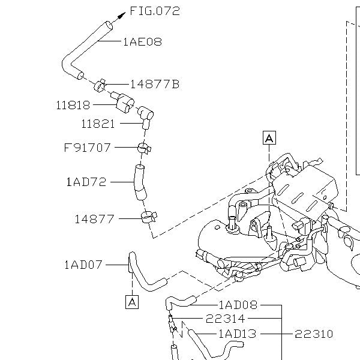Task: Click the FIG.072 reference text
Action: coord(155,11)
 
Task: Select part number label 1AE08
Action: coord(142,42)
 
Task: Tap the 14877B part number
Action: coord(154,84)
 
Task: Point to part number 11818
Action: coord(73,105)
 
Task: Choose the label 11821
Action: coord(98,124)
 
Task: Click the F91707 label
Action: coord(88,147)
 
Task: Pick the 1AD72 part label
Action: coord(86,181)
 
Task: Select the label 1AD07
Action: coord(83,264)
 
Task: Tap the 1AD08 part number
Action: coord(238,305)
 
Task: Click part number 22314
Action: coord(226,319)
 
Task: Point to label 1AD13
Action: coord(238,334)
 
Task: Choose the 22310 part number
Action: coord(313,334)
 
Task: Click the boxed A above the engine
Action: coord(269,138)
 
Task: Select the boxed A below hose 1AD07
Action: coord(132,302)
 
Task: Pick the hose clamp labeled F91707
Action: coord(143,147)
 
